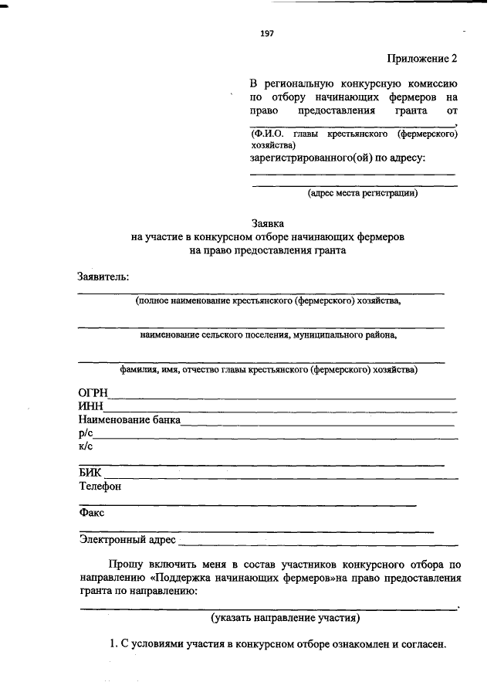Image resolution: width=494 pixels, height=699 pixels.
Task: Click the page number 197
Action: tap(268, 33)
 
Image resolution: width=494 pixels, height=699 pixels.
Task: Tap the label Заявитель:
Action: tap(103, 277)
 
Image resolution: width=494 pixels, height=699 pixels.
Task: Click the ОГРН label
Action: tap(93, 393)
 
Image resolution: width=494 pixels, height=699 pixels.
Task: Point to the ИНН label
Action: tap(90, 407)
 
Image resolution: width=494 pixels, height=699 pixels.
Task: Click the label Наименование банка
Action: tap(129, 420)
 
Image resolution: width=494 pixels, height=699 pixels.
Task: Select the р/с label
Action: tap(86, 434)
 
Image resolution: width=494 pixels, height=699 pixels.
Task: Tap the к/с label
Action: tap(86, 446)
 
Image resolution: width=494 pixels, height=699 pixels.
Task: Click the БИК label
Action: tap(90, 473)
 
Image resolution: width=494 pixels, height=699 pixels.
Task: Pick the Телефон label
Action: tap(100, 487)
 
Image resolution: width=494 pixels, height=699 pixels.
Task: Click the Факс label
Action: tap(92, 513)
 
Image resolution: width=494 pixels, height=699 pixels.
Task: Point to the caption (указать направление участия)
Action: tap(285, 618)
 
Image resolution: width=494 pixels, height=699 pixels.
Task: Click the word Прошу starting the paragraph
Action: tap(127, 564)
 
